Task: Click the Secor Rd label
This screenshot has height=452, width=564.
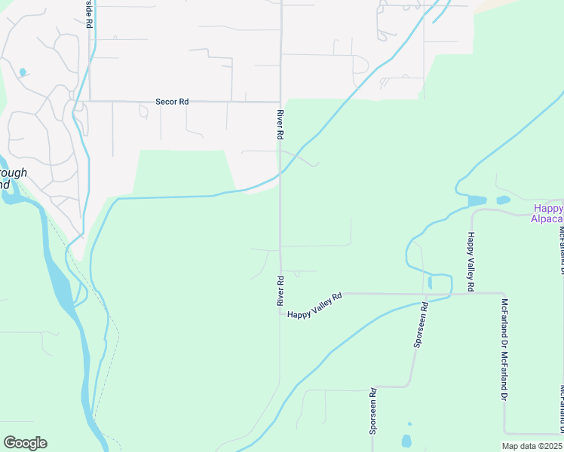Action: coord(171,101)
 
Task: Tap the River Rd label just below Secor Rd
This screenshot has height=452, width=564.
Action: coord(280,124)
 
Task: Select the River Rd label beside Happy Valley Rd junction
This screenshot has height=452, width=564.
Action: coord(280,290)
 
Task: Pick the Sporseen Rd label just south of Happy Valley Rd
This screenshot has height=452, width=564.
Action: coord(420,324)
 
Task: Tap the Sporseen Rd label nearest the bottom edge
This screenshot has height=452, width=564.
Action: coord(372,413)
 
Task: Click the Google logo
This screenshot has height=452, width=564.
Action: coord(25,443)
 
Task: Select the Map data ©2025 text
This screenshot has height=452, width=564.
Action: coord(532,446)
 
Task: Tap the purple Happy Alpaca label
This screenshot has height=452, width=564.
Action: coord(548,213)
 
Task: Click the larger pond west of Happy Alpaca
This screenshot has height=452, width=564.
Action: coord(477,201)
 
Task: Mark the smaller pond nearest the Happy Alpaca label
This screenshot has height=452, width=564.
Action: coord(503,200)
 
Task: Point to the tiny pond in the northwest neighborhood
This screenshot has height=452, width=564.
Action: coord(23,72)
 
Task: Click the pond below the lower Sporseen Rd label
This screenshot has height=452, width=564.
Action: coord(407,441)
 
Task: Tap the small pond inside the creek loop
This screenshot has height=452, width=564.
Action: coord(430,282)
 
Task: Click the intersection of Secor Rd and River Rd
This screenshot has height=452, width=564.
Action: coord(280,102)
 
